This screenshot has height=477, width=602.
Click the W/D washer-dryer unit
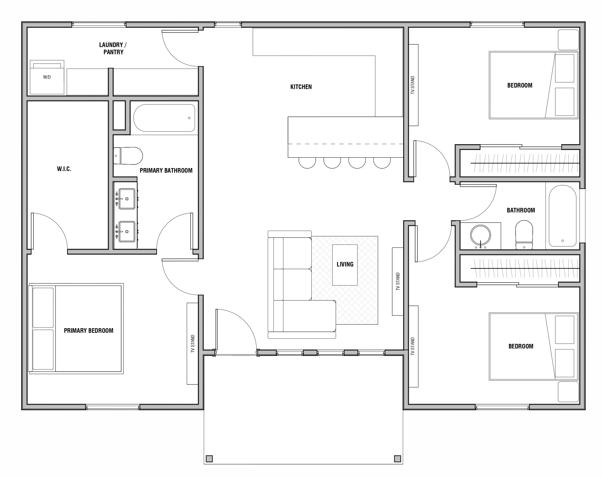(47, 77)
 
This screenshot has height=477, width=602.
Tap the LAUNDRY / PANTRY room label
(113, 48)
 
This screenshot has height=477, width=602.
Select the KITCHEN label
(301, 87)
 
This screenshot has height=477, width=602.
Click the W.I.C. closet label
(64, 169)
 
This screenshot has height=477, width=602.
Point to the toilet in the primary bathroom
(128, 156)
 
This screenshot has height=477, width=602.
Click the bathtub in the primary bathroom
(164, 118)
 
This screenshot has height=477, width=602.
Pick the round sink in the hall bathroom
(480, 235)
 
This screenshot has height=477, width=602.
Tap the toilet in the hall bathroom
(524, 235)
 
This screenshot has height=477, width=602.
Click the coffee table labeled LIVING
(345, 265)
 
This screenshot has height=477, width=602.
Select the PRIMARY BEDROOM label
(89, 331)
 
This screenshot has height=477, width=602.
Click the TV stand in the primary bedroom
(192, 344)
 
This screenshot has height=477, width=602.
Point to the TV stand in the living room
(398, 281)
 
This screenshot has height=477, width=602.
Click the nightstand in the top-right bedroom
(568, 40)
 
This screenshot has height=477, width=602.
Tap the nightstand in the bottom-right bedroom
(568, 392)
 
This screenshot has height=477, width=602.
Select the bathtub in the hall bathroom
(562, 216)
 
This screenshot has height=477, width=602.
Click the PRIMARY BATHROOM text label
(166, 170)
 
